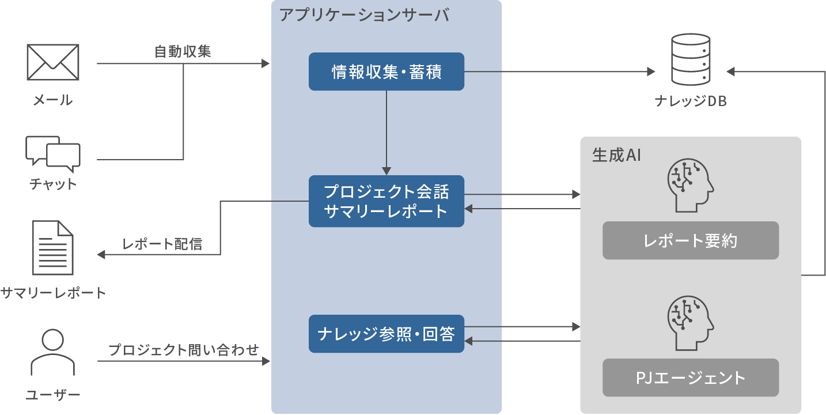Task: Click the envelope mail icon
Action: (x=53, y=62)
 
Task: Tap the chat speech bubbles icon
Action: (x=53, y=154)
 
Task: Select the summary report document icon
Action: (x=53, y=248)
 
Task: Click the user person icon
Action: (x=53, y=353)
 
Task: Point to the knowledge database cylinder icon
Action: (x=691, y=61)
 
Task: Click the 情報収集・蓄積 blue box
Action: (x=386, y=72)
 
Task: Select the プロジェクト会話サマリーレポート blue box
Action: (x=386, y=201)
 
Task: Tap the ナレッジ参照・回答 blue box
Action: (x=386, y=334)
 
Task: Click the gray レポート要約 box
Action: (x=691, y=240)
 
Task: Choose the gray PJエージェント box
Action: (x=691, y=378)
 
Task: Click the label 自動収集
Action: (x=183, y=52)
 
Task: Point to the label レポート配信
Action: (x=162, y=244)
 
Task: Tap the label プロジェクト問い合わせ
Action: (x=183, y=349)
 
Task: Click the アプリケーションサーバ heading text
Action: (x=363, y=15)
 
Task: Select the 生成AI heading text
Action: (x=616, y=156)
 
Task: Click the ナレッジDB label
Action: (x=691, y=101)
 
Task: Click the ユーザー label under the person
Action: (x=53, y=395)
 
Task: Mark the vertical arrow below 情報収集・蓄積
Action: (x=386, y=133)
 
